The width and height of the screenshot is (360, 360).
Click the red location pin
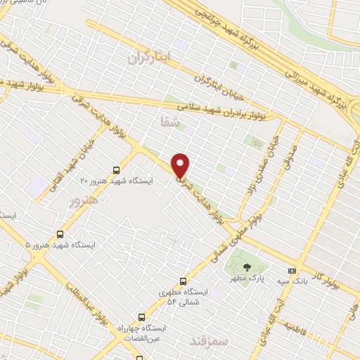(181, 165)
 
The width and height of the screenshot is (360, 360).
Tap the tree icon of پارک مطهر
(247, 267)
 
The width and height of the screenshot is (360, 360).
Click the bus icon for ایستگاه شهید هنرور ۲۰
(117, 169)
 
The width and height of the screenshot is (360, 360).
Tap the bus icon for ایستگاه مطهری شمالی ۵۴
(184, 279)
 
